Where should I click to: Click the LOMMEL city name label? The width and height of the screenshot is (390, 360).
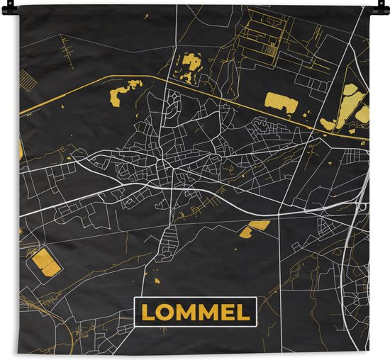click(x=195, y=313)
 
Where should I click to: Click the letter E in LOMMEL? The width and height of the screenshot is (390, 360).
click(x=230, y=313)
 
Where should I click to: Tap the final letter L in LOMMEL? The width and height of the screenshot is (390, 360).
click(x=244, y=313)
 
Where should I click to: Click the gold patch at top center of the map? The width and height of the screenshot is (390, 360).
click(x=189, y=66)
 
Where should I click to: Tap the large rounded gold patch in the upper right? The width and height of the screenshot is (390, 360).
click(x=281, y=103)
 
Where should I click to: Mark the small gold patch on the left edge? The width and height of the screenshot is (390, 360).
click(x=21, y=150)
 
